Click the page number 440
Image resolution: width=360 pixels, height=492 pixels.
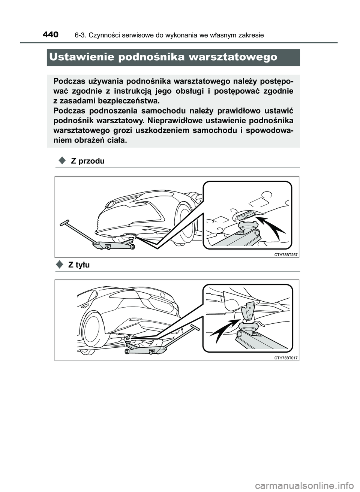point(51,35)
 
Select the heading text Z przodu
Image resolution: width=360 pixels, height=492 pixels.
point(88,161)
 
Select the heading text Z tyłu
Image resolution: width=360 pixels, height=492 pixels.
point(79,265)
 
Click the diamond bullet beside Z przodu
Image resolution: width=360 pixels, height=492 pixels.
point(62,160)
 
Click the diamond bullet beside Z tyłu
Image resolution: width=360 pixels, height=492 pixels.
point(60,265)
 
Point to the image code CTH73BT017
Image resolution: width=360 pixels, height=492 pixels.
point(285,358)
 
